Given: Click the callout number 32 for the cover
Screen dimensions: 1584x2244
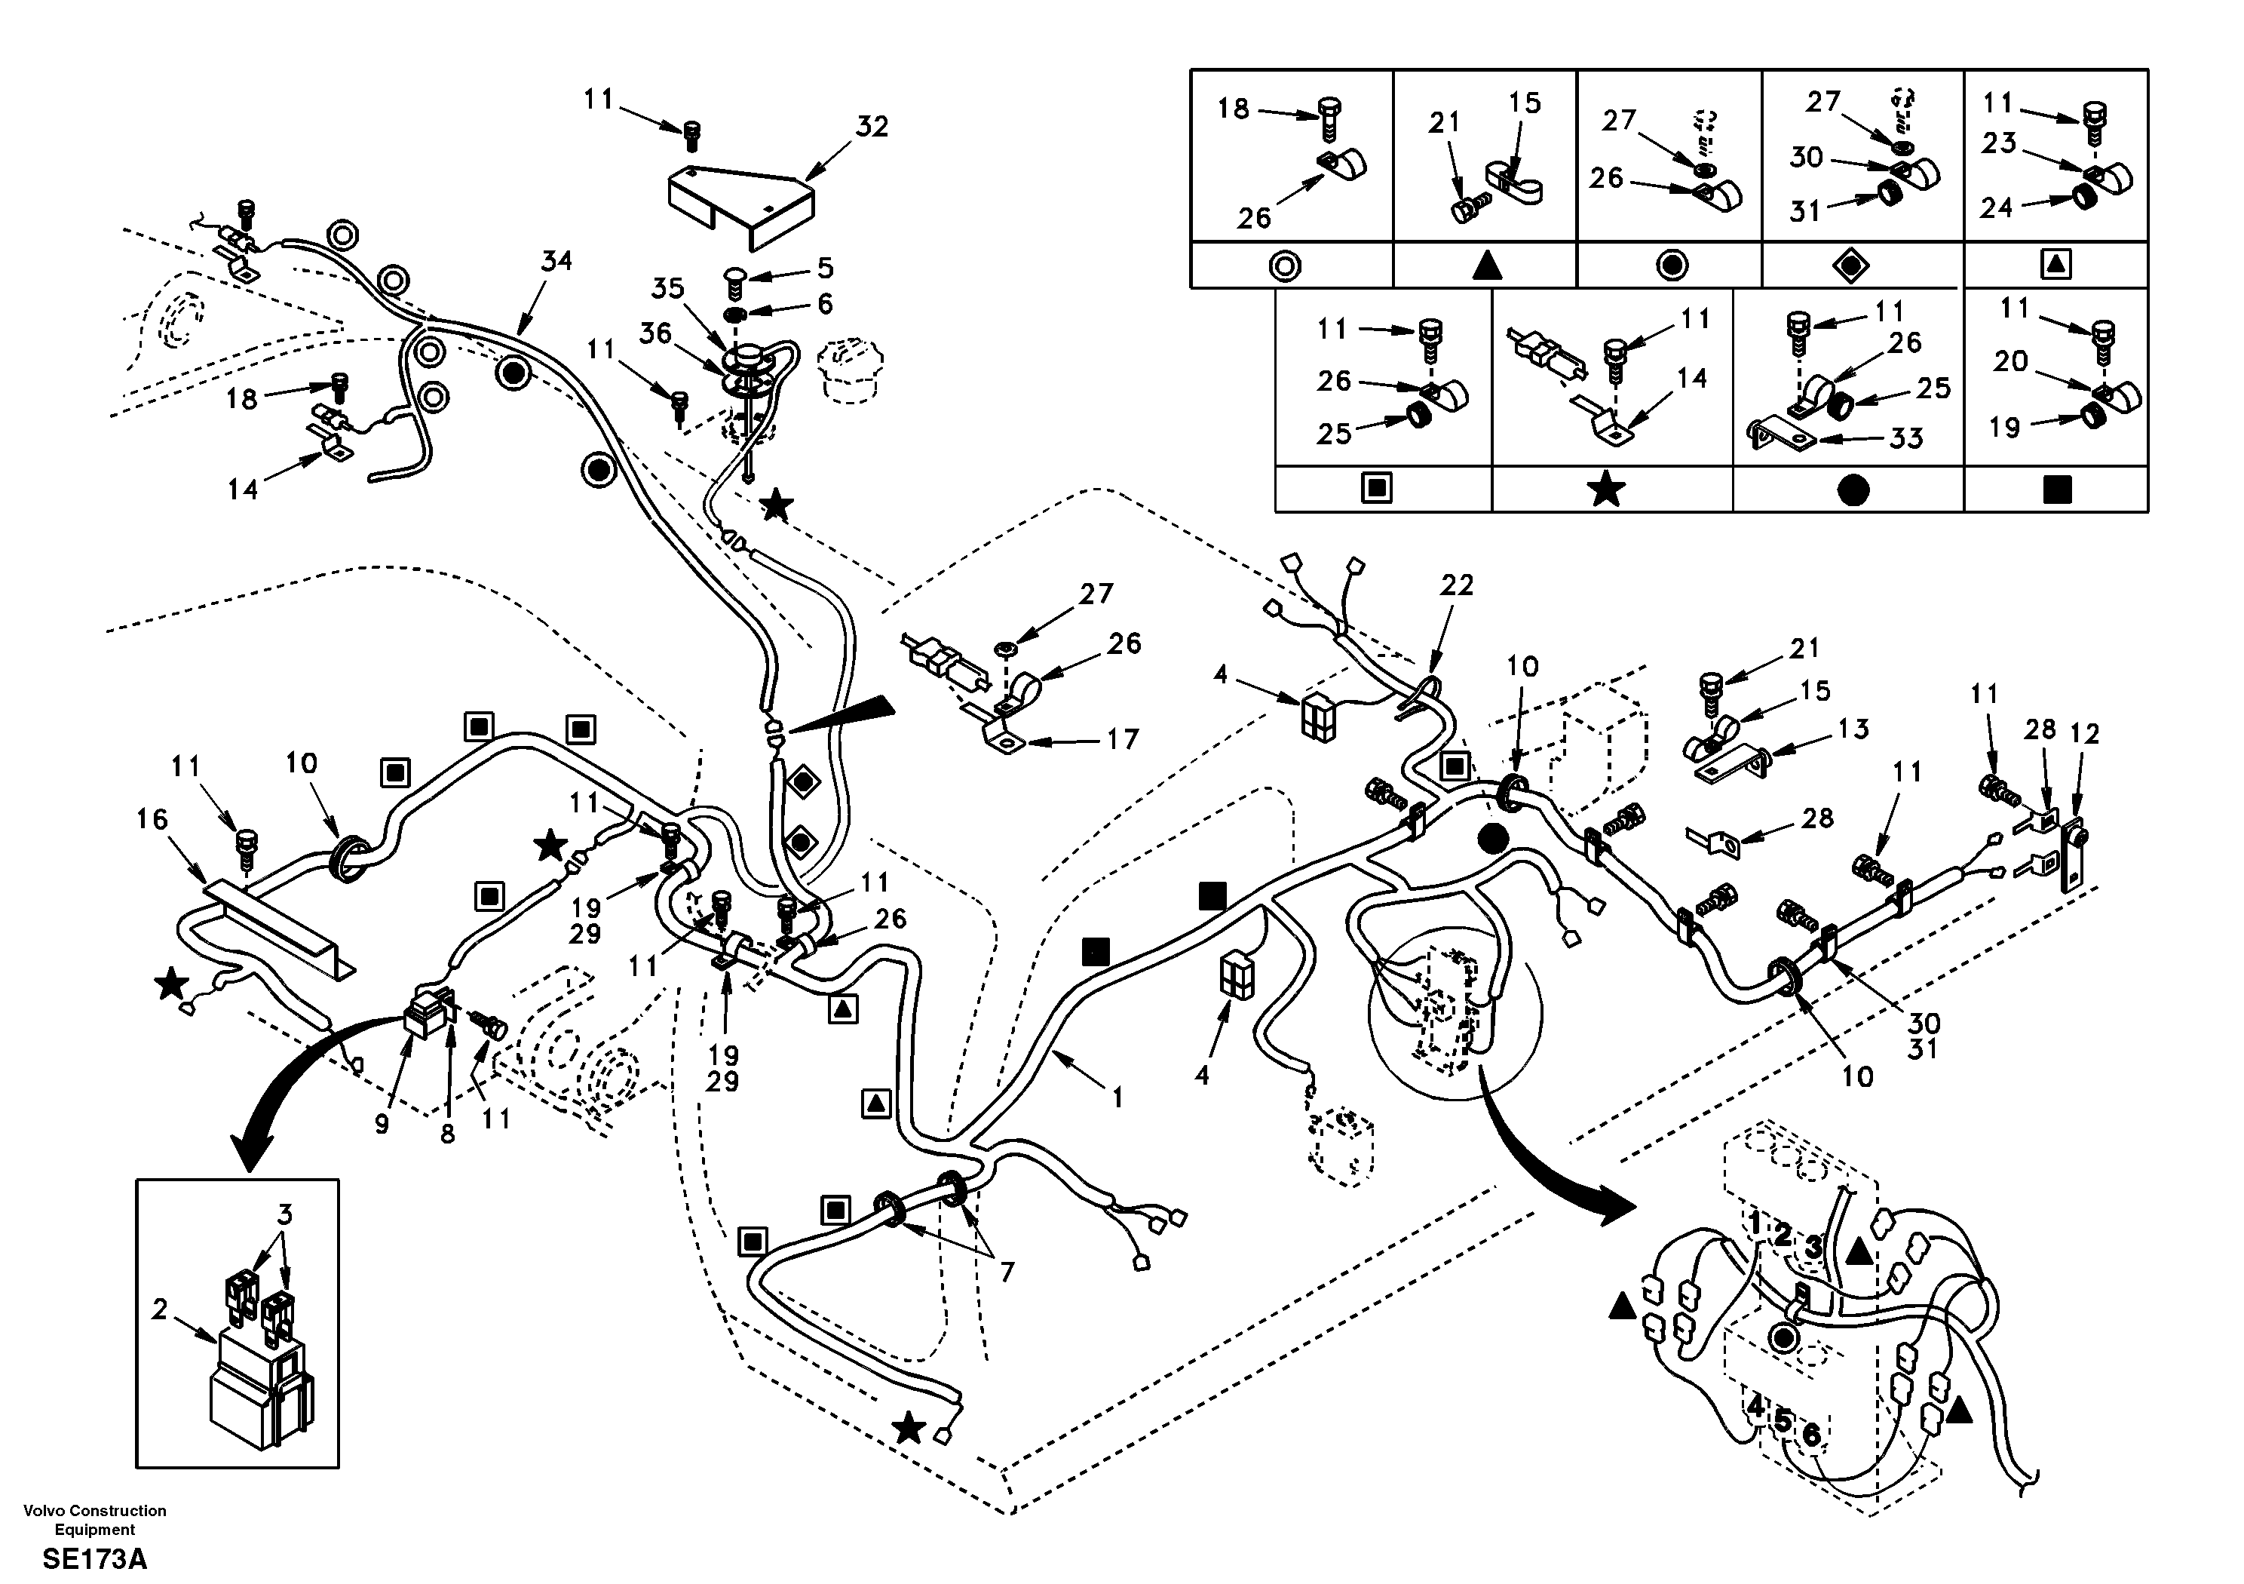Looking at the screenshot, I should [x=872, y=127].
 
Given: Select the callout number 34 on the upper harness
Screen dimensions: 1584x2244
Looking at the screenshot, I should [x=556, y=261].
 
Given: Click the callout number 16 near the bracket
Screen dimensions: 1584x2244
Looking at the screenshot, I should [x=152, y=818].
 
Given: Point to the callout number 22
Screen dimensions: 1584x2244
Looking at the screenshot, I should [x=1456, y=585].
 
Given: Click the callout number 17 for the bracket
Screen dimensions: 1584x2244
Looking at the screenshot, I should [x=1122, y=739].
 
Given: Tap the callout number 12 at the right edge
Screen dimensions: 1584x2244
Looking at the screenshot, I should [x=2085, y=733].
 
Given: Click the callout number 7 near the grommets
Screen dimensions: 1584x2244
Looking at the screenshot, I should [x=1006, y=1272].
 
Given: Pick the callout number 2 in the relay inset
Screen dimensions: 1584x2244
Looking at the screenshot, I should [x=159, y=1308].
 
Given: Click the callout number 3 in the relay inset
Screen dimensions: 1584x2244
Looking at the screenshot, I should [x=284, y=1214].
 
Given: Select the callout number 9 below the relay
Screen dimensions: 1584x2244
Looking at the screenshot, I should [x=382, y=1125].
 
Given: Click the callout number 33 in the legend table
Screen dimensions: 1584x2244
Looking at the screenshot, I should [x=1906, y=438].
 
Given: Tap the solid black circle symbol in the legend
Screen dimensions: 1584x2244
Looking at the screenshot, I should [x=1852, y=490].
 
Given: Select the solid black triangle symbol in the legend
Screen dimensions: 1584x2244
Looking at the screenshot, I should [x=1486, y=265].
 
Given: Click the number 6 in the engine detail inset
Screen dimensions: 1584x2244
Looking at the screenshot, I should [x=1810, y=1435].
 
